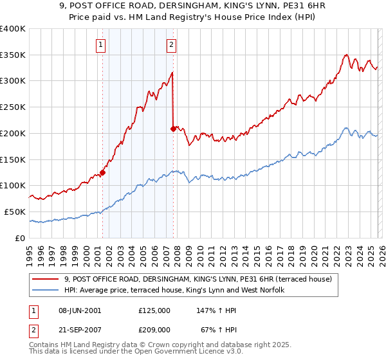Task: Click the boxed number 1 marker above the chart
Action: tap(102, 44)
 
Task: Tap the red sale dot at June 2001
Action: tap(102, 172)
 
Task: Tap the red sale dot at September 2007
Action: tap(173, 129)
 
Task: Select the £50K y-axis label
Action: tap(14, 212)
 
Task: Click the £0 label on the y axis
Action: tap(19, 238)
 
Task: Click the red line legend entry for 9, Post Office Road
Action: tap(198, 279)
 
